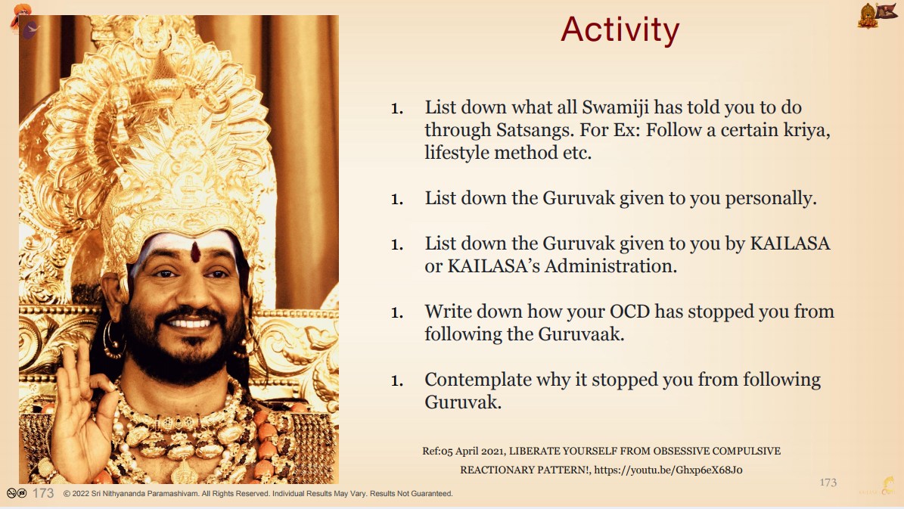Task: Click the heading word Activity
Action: coord(620,30)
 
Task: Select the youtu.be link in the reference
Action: coord(668,470)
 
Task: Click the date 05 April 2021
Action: coord(471,452)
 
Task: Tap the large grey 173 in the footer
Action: coord(43,493)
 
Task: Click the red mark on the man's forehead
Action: coord(195,252)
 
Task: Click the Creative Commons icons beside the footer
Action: coord(17,493)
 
